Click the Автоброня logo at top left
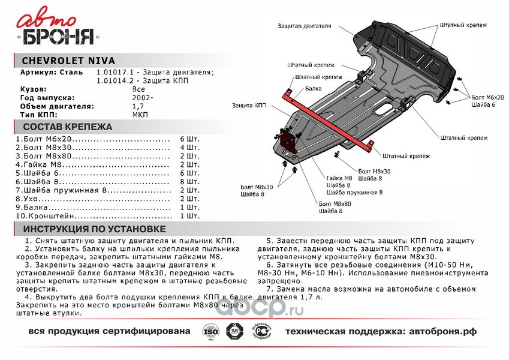coord(59,29)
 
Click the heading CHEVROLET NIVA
coord(65,61)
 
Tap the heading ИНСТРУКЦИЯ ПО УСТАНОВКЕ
coord(94,230)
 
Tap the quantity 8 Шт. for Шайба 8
coord(189,181)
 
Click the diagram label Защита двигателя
coord(305,26)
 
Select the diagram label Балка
coord(312,88)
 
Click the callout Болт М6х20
coord(487,97)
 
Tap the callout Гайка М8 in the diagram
coord(339,178)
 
